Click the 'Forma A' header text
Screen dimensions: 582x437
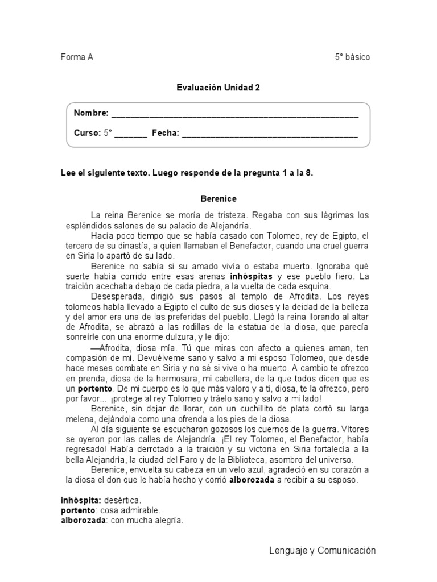point(77,57)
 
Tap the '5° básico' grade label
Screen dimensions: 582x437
point(352,57)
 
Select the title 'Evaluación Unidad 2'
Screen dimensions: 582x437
point(218,88)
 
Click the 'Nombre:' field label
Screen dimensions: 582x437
point(91,113)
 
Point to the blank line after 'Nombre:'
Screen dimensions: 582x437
point(234,114)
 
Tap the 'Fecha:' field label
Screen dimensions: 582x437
point(165,133)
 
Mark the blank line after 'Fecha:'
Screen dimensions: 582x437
point(270,134)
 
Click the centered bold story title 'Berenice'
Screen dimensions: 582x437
point(218,199)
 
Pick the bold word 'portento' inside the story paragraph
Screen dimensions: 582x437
point(95,389)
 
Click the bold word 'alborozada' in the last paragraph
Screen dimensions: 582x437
point(252,480)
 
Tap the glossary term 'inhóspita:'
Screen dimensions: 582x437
point(81,500)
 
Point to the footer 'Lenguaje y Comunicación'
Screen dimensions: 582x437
point(322,550)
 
